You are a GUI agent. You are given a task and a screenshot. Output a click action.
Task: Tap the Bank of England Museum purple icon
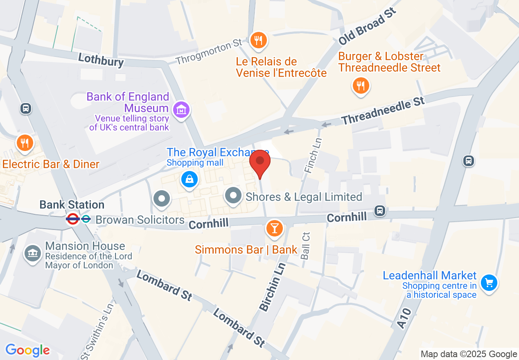(x=181, y=109)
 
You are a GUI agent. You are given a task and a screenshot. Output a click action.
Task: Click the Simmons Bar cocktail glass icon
(x=274, y=228)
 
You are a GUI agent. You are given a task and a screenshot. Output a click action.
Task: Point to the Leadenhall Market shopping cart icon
(x=488, y=283)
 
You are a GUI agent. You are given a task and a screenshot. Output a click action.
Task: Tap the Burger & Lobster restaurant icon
(x=361, y=86)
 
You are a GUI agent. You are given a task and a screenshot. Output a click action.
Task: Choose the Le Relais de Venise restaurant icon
(x=258, y=40)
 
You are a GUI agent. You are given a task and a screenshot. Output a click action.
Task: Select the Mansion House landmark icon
(x=32, y=253)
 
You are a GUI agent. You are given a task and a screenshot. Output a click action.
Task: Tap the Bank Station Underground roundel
(x=73, y=219)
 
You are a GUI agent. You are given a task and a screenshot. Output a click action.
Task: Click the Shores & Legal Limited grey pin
(x=233, y=196)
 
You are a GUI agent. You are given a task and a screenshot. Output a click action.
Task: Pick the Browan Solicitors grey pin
(x=162, y=199)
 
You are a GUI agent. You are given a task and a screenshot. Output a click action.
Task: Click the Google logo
(x=28, y=350)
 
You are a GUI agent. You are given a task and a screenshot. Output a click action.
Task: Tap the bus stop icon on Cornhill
(x=380, y=211)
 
